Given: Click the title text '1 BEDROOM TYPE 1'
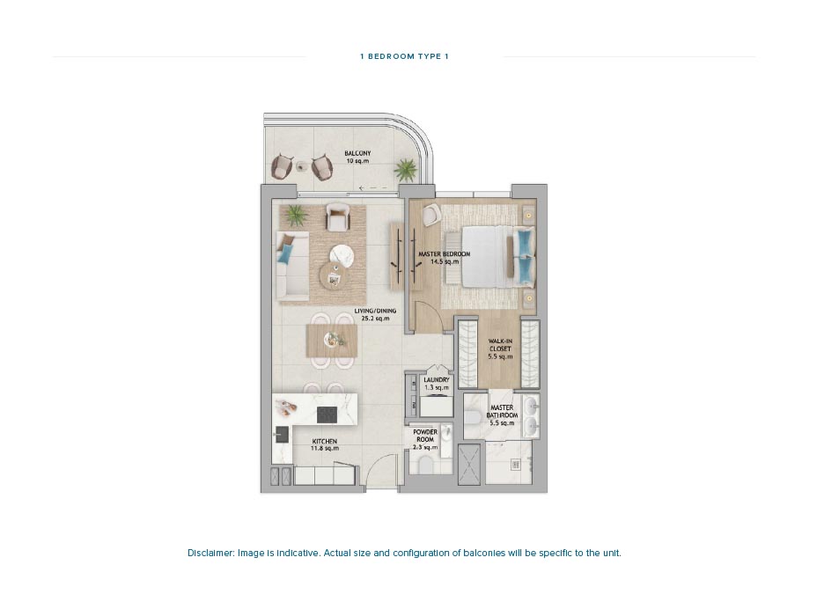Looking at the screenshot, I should (404, 56).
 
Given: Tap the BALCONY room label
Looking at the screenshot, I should (357, 158).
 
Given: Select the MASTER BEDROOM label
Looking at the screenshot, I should (444, 258).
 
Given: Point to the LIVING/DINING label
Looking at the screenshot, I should (375, 314).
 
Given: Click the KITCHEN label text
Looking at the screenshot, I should (324, 444).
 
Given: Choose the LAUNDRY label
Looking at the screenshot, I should (436, 384).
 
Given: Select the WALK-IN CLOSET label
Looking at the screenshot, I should (499, 349).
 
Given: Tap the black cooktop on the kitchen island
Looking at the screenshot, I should (327, 413).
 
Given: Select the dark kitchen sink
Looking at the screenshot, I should (282, 433).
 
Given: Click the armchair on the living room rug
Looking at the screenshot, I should (337, 216).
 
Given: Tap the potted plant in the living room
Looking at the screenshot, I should (295, 214).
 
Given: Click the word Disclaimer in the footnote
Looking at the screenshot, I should (209, 554).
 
